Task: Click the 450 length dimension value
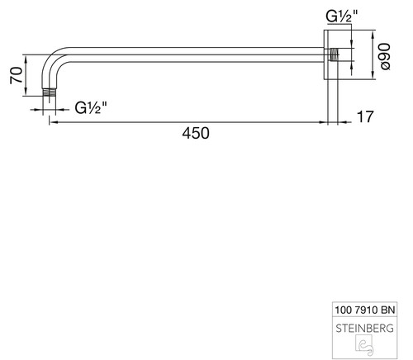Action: (196, 133)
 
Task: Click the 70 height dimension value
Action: (17, 75)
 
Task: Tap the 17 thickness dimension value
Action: (365, 116)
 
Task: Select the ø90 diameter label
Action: (385, 56)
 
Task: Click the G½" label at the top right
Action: (342, 16)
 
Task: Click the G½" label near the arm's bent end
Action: (91, 108)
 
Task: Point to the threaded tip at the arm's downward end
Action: (50, 92)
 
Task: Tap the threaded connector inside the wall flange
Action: (334, 54)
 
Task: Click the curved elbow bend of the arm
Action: (52, 60)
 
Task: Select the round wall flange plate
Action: (325, 54)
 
